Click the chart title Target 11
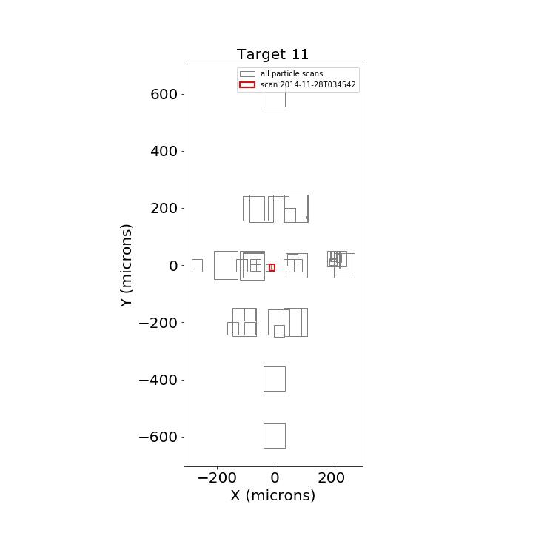pos(272,54)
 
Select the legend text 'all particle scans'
pos(292,73)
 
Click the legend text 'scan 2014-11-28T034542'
pos(308,84)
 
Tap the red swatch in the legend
pos(247,84)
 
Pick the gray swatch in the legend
pos(247,74)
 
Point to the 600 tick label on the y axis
pos(164,94)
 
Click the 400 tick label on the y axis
pos(164,151)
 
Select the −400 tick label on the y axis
pos(158,380)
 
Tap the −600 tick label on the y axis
pos(158,437)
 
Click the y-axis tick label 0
pos(173,266)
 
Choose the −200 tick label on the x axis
pos(217,477)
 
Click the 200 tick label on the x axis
pos(332,477)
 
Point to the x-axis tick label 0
pos(275,477)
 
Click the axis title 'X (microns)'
pos(273,495)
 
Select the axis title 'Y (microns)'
pos(126,266)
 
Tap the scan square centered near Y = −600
pos(264,436)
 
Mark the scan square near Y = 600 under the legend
pos(275,107)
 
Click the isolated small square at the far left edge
pos(192,266)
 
